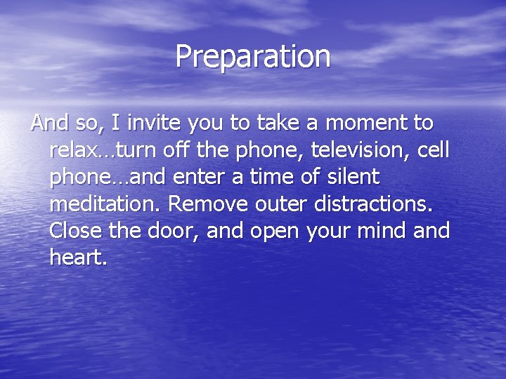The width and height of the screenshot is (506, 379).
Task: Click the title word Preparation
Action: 252,56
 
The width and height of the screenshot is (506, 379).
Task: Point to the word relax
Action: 73,150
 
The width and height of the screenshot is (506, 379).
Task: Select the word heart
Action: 77,257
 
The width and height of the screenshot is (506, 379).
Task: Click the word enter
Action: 204,177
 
